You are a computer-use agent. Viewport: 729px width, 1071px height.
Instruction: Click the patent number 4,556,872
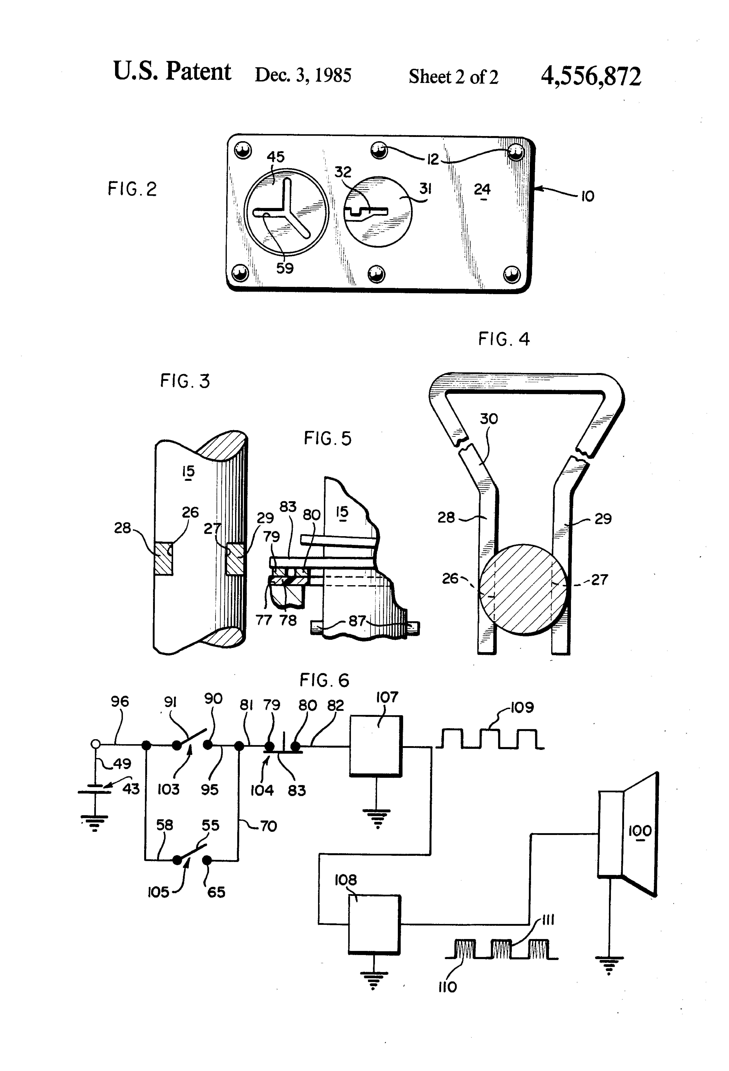click(x=591, y=76)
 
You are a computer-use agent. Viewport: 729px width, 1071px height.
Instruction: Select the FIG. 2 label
click(x=132, y=189)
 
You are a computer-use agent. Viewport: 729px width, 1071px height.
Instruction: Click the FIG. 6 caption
click(x=324, y=680)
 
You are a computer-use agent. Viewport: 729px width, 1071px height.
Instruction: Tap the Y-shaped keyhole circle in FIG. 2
click(x=286, y=213)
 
